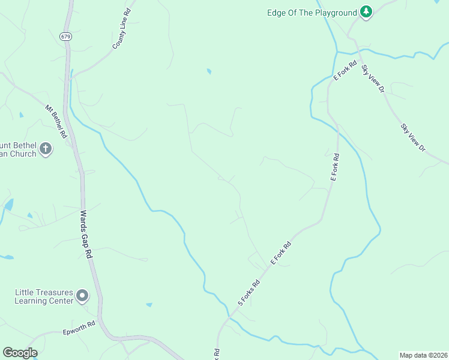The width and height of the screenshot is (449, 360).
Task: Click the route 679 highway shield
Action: tap(65, 37)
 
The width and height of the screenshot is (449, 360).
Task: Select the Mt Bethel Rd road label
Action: tap(56, 122)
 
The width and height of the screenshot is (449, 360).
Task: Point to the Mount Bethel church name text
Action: tap(18, 150)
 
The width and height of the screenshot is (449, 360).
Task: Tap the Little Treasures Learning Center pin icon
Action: tap(83, 296)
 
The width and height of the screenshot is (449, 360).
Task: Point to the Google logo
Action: tap(20, 353)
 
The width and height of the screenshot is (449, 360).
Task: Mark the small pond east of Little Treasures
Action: tap(149, 305)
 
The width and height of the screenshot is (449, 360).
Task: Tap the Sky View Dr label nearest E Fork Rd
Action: tap(372, 79)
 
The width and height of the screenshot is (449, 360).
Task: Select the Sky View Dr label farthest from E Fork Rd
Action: tap(412, 137)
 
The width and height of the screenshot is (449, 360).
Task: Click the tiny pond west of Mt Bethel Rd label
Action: tap(22, 114)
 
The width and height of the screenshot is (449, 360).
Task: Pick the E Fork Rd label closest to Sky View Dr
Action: tap(345, 70)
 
